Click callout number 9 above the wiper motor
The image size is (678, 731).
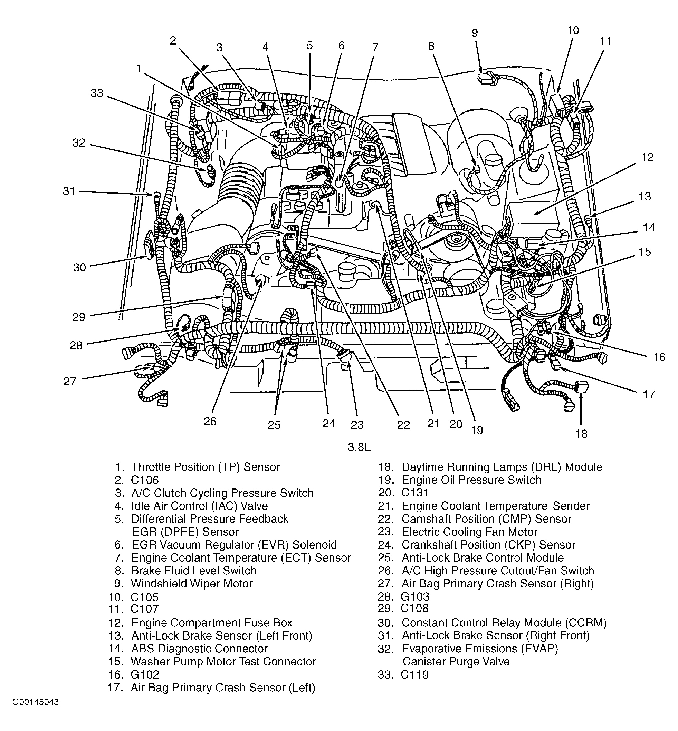point(475,33)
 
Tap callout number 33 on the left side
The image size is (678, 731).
point(97,93)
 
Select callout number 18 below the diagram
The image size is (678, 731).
point(581,434)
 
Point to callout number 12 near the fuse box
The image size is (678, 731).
point(647,157)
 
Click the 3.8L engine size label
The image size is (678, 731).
point(359,447)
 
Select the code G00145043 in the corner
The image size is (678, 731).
point(36,702)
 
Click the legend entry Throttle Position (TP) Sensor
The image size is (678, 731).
point(206,467)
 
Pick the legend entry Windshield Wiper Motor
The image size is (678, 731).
point(191,583)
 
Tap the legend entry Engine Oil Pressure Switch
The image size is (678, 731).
point(471,480)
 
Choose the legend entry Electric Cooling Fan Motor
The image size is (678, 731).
point(469,532)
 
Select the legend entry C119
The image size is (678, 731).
point(414,674)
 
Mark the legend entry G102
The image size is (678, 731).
point(145,674)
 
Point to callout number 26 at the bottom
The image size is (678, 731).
point(210,421)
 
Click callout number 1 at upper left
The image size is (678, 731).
point(139,68)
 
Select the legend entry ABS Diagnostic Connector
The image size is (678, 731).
point(199,649)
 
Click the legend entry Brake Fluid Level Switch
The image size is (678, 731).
point(194,571)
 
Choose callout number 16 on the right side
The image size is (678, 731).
point(659,357)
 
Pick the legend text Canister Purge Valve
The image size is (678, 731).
point(456,661)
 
